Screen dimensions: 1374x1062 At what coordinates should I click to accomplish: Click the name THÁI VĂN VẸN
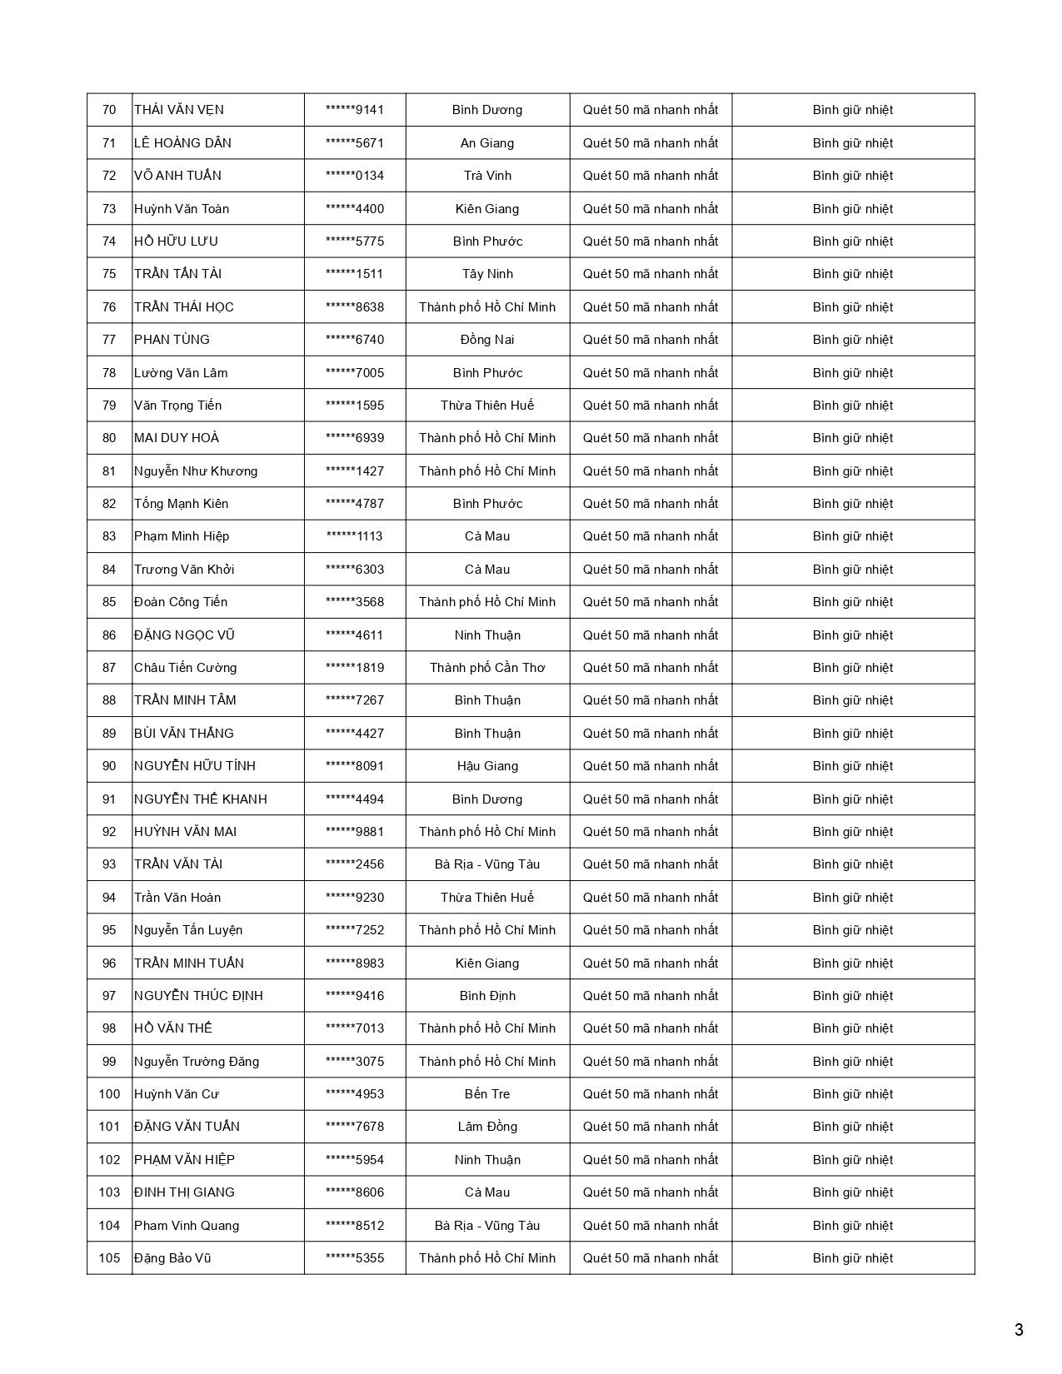[179, 110]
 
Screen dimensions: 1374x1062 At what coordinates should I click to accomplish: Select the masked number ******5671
[355, 142]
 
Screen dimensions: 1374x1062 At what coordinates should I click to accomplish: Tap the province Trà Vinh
[487, 176]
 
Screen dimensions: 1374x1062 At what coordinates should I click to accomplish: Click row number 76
[109, 307]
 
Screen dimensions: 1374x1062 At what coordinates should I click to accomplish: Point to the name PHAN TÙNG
[172, 340]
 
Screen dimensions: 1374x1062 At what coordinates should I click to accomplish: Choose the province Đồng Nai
[487, 340]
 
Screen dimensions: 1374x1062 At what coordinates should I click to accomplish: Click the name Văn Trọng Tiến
[177, 406]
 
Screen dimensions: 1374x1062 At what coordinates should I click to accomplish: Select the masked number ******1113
[355, 536]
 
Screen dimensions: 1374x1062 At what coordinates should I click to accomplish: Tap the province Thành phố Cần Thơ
[487, 668]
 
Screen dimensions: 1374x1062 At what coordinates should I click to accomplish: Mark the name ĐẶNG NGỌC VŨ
[184, 635]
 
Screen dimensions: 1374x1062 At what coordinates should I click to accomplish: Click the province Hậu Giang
[487, 766]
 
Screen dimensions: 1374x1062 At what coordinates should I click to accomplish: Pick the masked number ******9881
[355, 832]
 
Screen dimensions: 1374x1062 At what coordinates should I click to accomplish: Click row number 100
[109, 1094]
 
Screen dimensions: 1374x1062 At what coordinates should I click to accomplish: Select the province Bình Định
[487, 996]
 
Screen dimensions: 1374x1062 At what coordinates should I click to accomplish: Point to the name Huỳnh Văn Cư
[177, 1094]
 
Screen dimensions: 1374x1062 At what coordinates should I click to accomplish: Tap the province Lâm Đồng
[487, 1127]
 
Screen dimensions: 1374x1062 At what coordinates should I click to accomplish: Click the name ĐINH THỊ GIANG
[184, 1192]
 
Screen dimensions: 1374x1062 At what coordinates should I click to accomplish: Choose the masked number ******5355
[355, 1258]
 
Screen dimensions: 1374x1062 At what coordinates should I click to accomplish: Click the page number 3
[1019, 1330]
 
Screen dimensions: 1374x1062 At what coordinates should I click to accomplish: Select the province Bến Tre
[487, 1094]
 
